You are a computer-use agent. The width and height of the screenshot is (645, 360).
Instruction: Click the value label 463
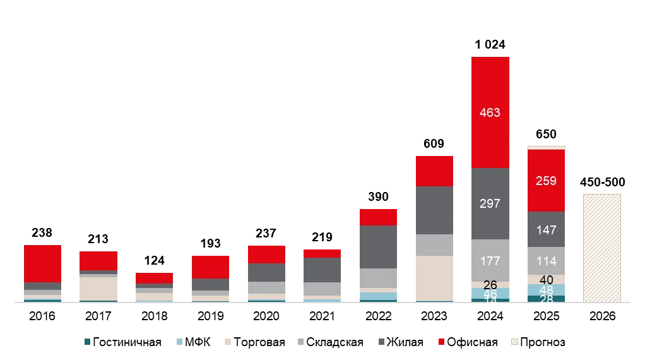coord(490,113)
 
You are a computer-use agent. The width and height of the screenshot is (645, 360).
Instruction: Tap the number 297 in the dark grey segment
coord(490,203)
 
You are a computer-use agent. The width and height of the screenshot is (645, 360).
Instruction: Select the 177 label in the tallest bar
coord(490,261)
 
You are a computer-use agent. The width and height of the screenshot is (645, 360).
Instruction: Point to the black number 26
coord(490,285)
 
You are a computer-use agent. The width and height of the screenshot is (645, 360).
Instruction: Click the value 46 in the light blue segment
coord(490,294)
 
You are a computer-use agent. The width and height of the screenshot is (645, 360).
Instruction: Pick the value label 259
coord(546,181)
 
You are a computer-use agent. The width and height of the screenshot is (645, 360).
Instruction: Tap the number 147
coord(546,230)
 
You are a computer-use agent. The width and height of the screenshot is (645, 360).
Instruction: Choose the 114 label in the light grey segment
coord(546,261)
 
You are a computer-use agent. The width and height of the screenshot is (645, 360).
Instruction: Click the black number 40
coord(546,280)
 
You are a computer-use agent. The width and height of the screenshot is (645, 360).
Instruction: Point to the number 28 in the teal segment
coord(546,299)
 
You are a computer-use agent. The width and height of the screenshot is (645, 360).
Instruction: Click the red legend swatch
coord(439,343)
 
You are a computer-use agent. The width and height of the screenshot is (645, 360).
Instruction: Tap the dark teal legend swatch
coord(86,343)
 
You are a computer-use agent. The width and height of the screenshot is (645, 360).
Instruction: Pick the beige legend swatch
coord(227,343)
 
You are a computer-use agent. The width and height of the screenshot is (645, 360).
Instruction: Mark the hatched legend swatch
coord(515,343)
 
